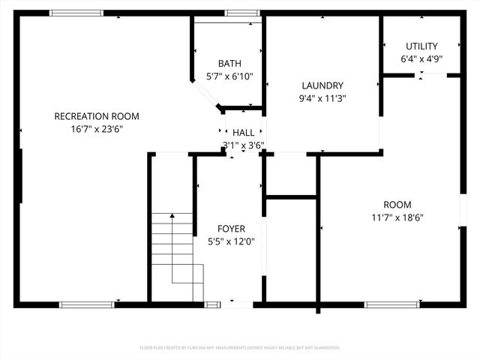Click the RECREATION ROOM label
click(x=97, y=116)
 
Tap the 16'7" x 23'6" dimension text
click(x=97, y=129)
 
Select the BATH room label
click(x=229, y=64)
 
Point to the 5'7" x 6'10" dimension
click(x=229, y=76)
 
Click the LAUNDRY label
click(x=322, y=85)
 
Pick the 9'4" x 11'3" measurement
click(x=322, y=98)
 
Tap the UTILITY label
click(x=421, y=46)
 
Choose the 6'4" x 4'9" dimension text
click(x=421, y=59)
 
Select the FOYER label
click(x=231, y=229)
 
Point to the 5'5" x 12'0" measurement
click(x=231, y=241)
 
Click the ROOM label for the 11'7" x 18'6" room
click(x=397, y=205)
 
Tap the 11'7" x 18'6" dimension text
click(x=397, y=217)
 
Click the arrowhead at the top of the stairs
click(x=172, y=216)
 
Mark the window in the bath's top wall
click(x=242, y=13)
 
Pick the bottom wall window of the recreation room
click(x=86, y=304)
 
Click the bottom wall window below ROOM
click(x=391, y=304)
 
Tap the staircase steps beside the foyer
click(x=176, y=255)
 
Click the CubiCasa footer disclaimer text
click(x=240, y=348)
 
